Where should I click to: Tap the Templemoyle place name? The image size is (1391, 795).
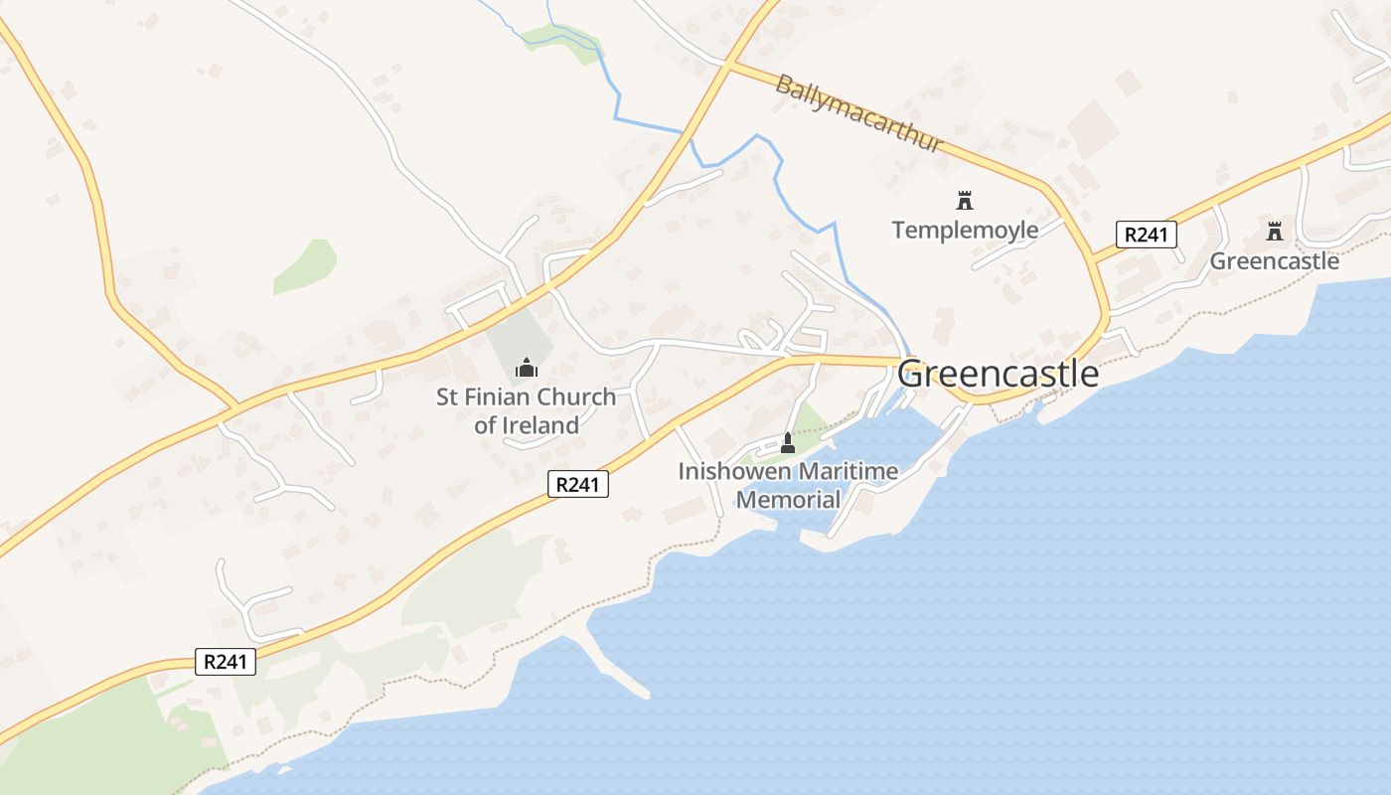click(965, 231)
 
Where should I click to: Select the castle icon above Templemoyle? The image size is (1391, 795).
click(964, 201)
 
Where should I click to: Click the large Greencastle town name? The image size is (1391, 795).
click(999, 375)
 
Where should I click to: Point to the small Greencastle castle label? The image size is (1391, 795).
click(1274, 261)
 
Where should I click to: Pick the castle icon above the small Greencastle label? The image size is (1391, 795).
click(1274, 233)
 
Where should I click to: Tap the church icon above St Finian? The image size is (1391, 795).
click(526, 369)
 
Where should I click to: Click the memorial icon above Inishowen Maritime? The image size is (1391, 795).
click(788, 442)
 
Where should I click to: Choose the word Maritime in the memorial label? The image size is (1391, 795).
click(850, 471)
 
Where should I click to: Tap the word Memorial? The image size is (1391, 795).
click(788, 499)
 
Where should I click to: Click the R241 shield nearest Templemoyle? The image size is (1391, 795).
click(1146, 235)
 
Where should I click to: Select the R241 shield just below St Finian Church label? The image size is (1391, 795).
click(577, 484)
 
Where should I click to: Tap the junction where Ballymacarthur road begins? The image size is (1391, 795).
click(727, 66)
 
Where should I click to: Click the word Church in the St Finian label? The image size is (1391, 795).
click(574, 397)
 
